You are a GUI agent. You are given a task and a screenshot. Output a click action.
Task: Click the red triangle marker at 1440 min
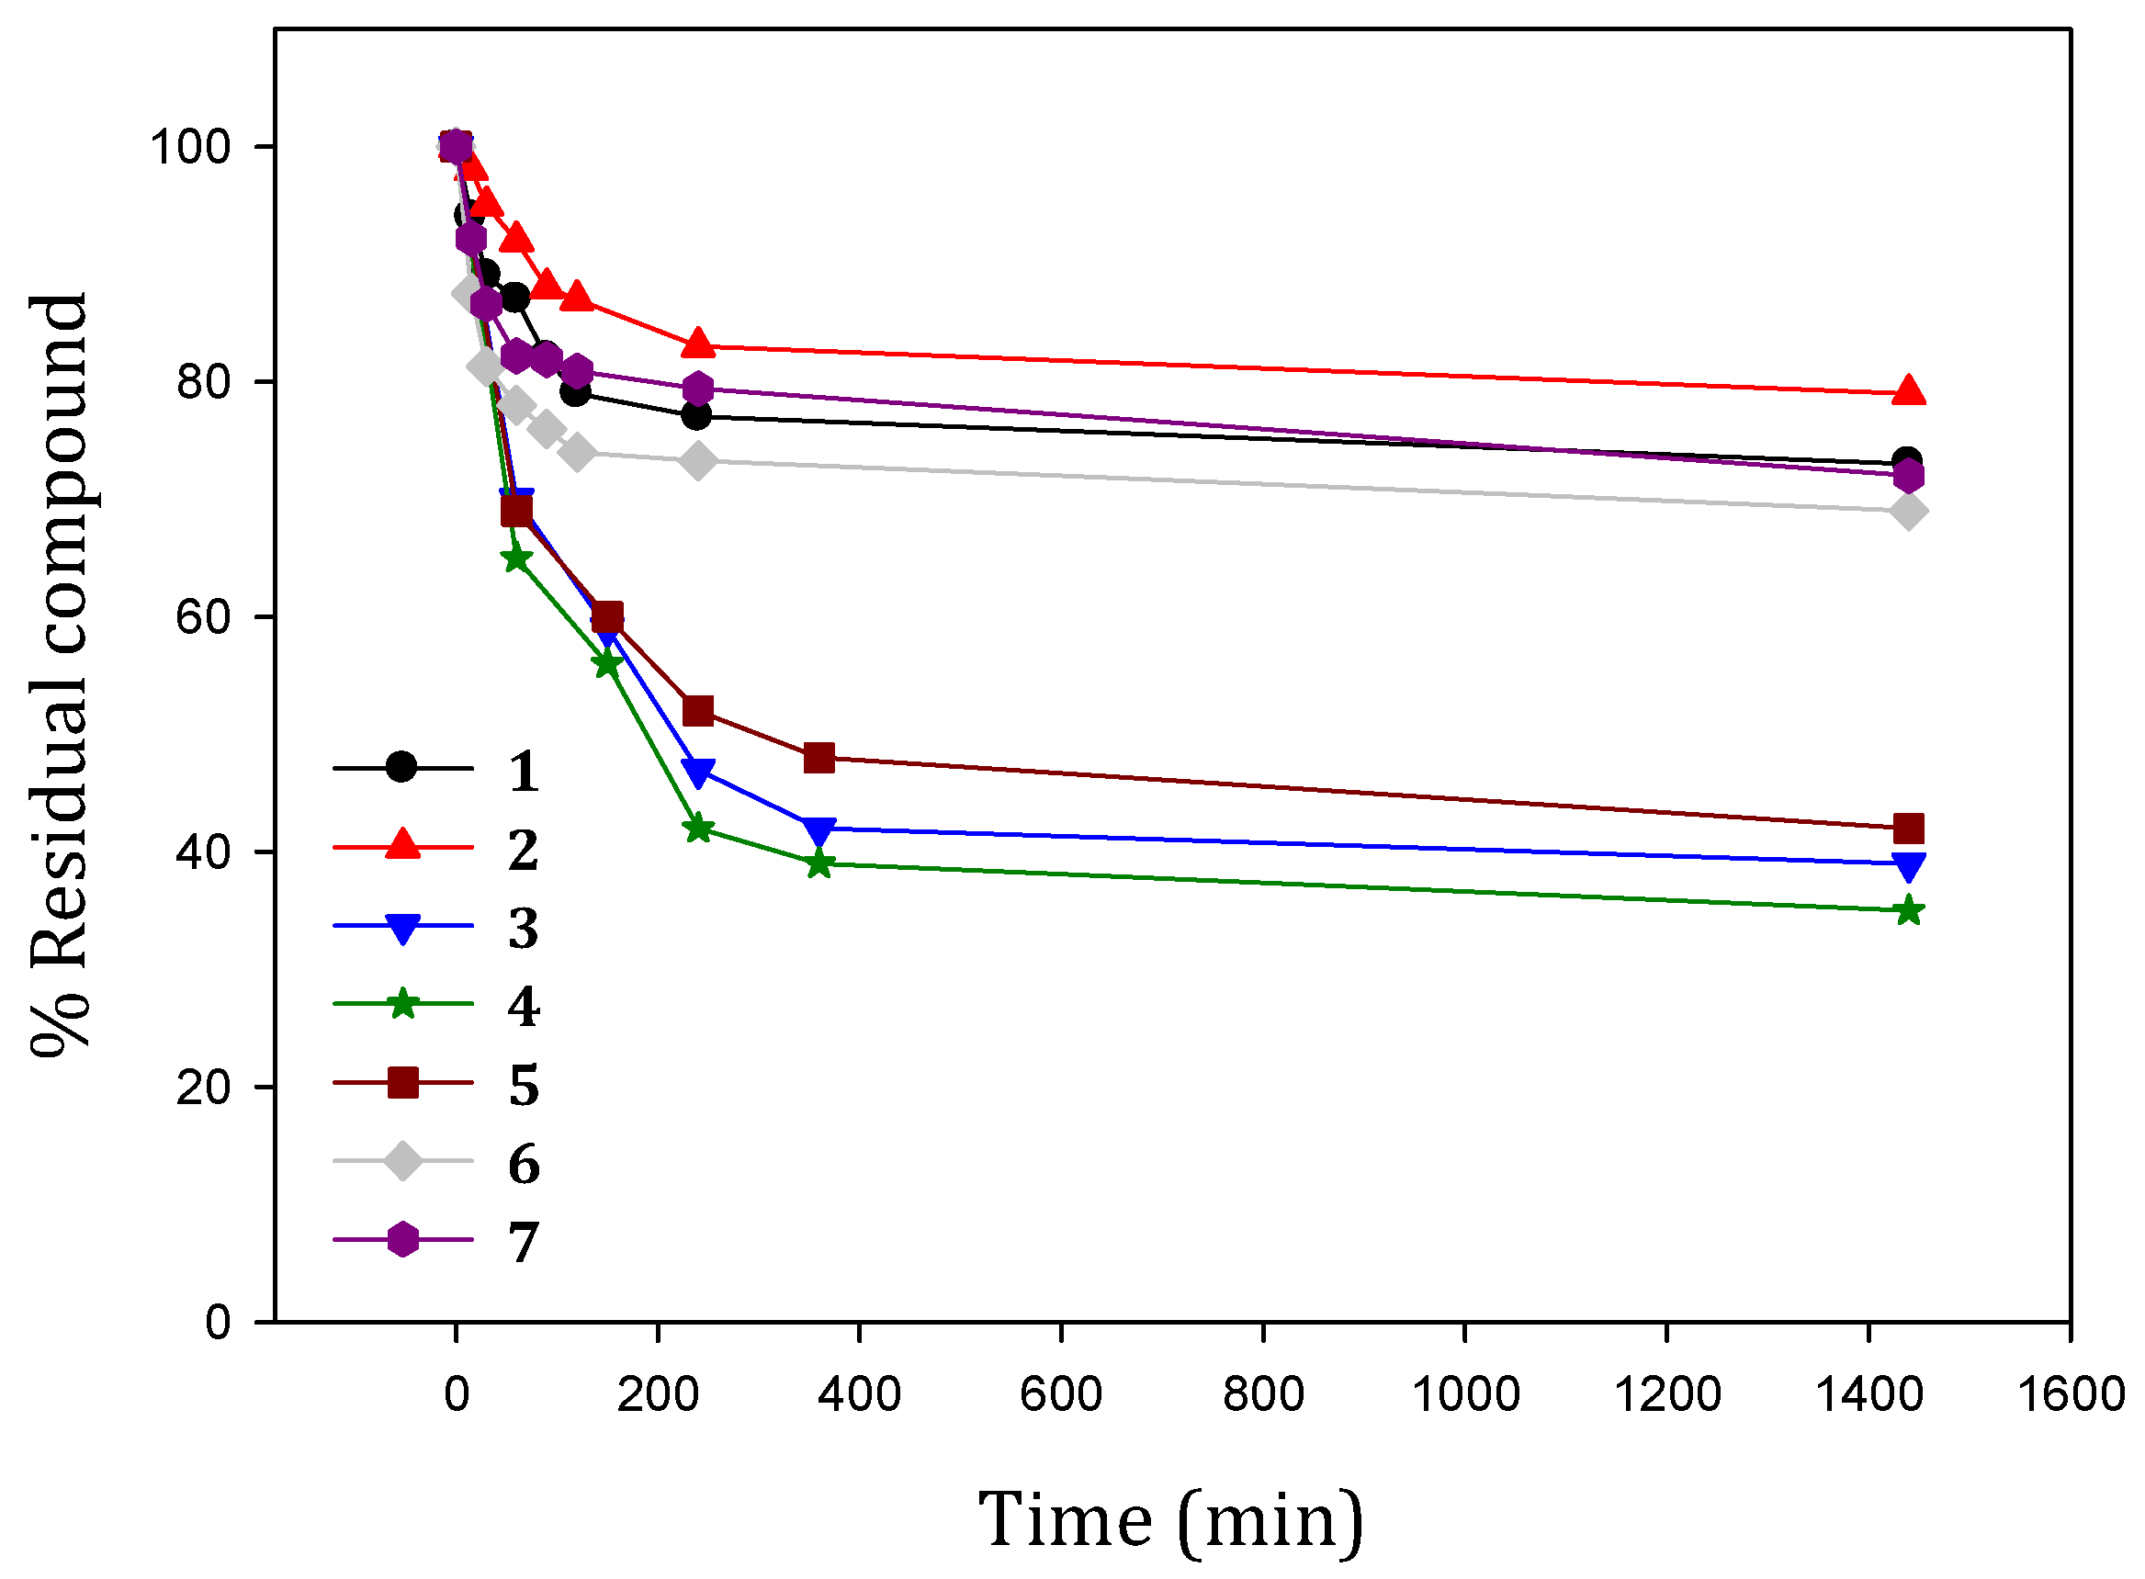click(1908, 391)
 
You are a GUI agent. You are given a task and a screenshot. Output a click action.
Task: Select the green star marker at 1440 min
click(1908, 911)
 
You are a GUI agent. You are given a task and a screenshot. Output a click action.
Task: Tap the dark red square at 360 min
click(819, 758)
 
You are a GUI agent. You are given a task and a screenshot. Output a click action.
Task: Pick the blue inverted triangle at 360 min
click(819, 829)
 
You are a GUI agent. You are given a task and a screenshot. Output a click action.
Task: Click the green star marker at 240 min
click(699, 829)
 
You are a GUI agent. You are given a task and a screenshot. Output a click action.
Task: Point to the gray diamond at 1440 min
click(1908, 513)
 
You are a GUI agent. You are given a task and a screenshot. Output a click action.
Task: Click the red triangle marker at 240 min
click(699, 344)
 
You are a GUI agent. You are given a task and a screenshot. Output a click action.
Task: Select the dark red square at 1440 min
click(1908, 828)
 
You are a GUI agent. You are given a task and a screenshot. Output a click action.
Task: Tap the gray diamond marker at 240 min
click(699, 462)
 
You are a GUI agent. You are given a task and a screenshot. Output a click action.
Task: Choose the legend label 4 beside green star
click(523, 1007)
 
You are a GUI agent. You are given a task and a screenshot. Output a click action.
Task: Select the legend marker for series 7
click(402, 1239)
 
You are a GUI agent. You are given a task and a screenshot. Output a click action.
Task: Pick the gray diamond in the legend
click(402, 1160)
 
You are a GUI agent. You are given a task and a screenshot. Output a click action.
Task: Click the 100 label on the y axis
click(190, 147)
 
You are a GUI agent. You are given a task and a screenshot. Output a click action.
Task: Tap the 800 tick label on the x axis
click(1263, 1394)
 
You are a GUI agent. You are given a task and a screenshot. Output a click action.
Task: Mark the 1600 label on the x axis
click(2071, 1394)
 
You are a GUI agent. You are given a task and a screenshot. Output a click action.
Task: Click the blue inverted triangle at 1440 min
click(1908, 866)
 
